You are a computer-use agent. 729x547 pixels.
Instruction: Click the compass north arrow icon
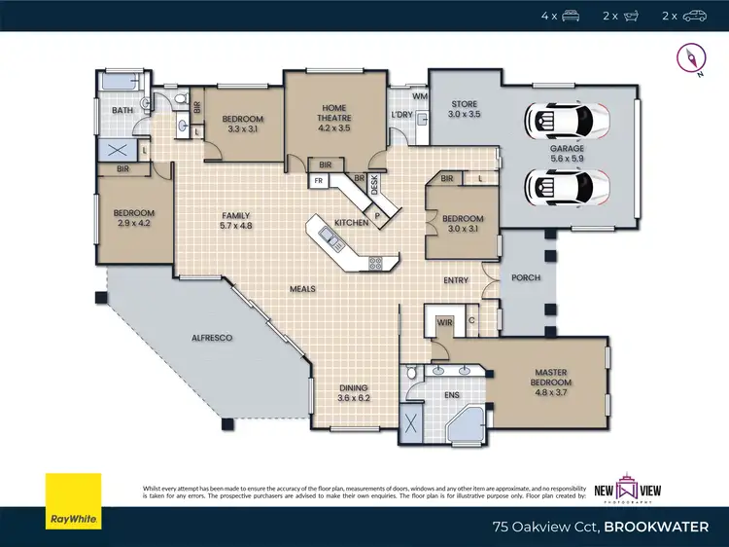[x=691, y=58]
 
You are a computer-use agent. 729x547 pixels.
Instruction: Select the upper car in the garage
[x=568, y=124]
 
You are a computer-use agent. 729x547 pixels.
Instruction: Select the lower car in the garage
[x=568, y=183]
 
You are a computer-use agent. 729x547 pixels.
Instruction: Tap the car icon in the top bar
[x=694, y=16]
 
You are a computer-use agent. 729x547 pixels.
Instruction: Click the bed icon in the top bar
[x=572, y=16]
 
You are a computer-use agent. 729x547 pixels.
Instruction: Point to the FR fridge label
[x=318, y=180]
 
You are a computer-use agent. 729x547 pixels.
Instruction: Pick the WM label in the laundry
[x=420, y=97]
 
